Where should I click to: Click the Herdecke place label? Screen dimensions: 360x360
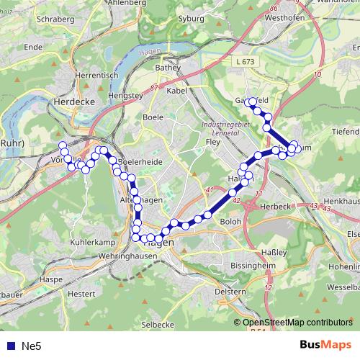[70, 103]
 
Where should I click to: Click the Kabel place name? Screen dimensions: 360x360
[176, 91]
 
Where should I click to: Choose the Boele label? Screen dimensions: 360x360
[153, 116]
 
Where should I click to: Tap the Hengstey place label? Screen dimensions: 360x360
[122, 94]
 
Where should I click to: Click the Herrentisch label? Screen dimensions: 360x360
[91, 74]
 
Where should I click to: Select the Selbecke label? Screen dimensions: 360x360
[158, 325]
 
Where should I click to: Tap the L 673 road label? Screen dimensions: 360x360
[245, 63]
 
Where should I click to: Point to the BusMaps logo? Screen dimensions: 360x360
[325, 345]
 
